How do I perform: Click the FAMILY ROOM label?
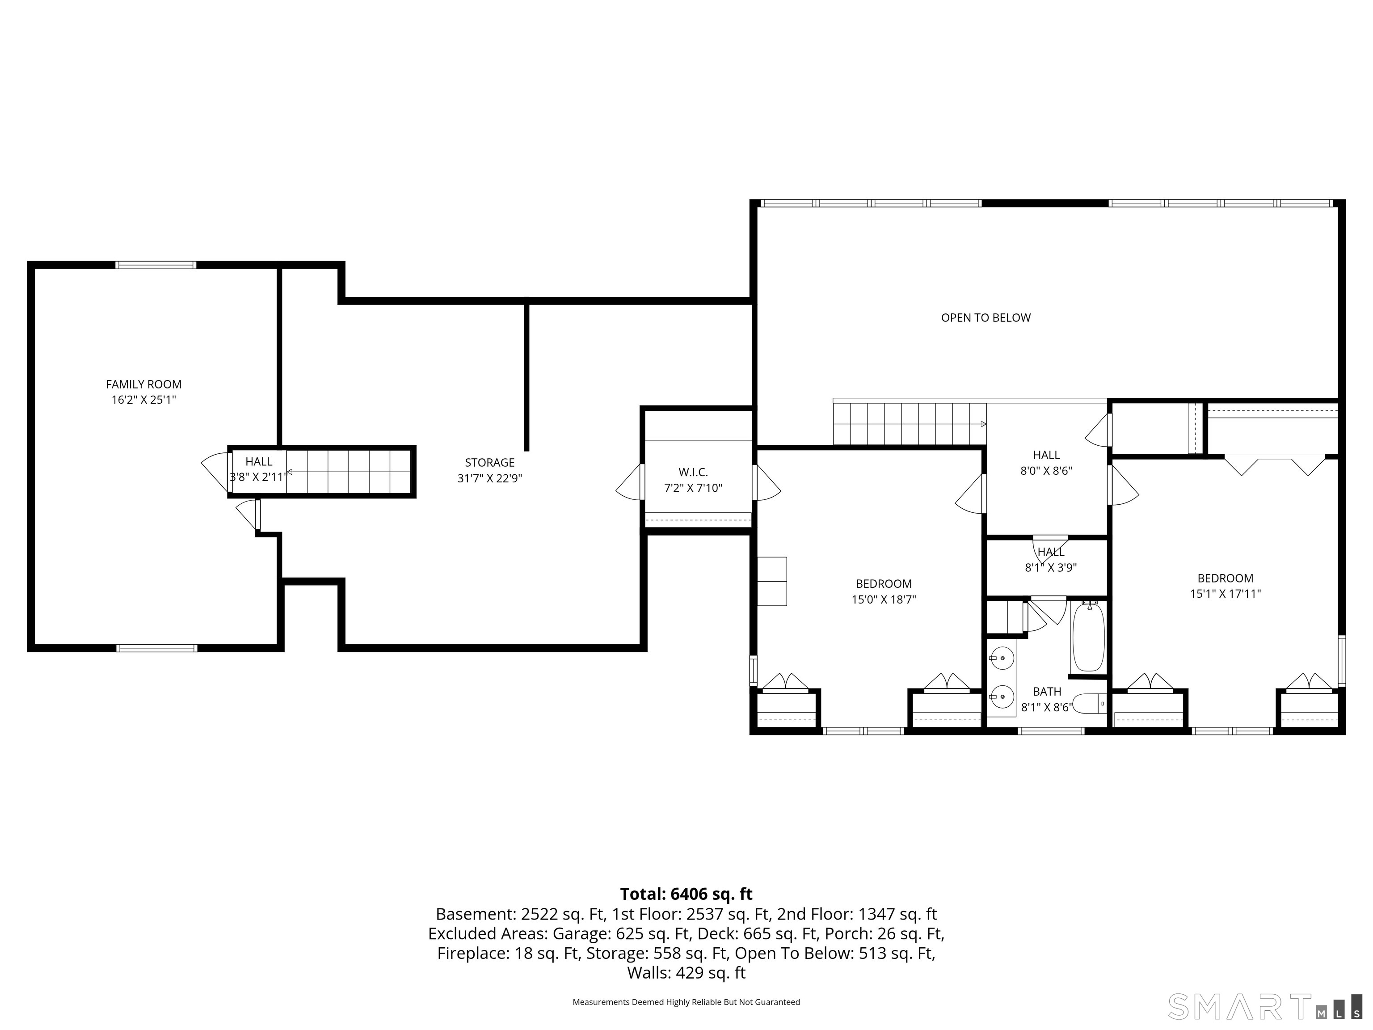point(143,384)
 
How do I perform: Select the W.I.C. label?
point(693,473)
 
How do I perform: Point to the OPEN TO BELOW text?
point(985,318)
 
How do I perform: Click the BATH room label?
point(1046,691)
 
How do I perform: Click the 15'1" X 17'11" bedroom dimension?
point(1225,594)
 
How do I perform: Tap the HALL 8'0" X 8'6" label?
point(1046,463)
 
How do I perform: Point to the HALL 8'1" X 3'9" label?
point(1050,559)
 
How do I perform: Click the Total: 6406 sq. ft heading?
point(686,894)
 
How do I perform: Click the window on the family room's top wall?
point(156,265)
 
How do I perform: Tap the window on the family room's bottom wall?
point(156,648)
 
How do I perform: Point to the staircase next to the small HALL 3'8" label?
point(348,472)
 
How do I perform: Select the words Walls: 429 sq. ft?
point(686,972)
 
